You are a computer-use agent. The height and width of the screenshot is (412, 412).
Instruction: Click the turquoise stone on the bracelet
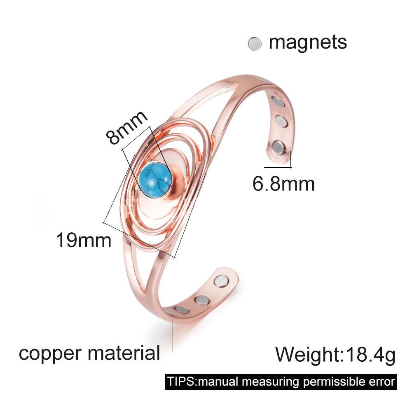(154, 177)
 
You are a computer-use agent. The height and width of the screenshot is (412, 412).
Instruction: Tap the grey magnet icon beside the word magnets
(255, 44)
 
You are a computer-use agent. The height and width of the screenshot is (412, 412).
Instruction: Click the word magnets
(308, 42)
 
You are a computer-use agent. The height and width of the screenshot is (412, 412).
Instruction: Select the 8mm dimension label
(126, 127)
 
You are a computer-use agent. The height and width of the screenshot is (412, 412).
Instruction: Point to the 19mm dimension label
(84, 240)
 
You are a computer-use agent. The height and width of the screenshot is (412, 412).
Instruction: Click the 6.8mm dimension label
(283, 184)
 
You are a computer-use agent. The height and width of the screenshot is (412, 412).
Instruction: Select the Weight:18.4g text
(335, 354)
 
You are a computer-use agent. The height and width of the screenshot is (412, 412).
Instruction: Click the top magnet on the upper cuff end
(278, 101)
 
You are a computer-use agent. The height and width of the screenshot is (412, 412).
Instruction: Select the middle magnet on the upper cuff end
(281, 121)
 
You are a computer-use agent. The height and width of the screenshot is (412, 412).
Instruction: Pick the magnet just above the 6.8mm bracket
(279, 147)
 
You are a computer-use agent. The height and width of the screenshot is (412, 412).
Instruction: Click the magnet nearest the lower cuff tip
(221, 281)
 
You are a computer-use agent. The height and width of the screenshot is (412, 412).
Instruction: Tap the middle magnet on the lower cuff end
(202, 299)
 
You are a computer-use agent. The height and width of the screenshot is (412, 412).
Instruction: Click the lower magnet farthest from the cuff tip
(182, 310)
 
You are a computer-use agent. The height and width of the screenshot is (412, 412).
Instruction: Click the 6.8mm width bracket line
(278, 167)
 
